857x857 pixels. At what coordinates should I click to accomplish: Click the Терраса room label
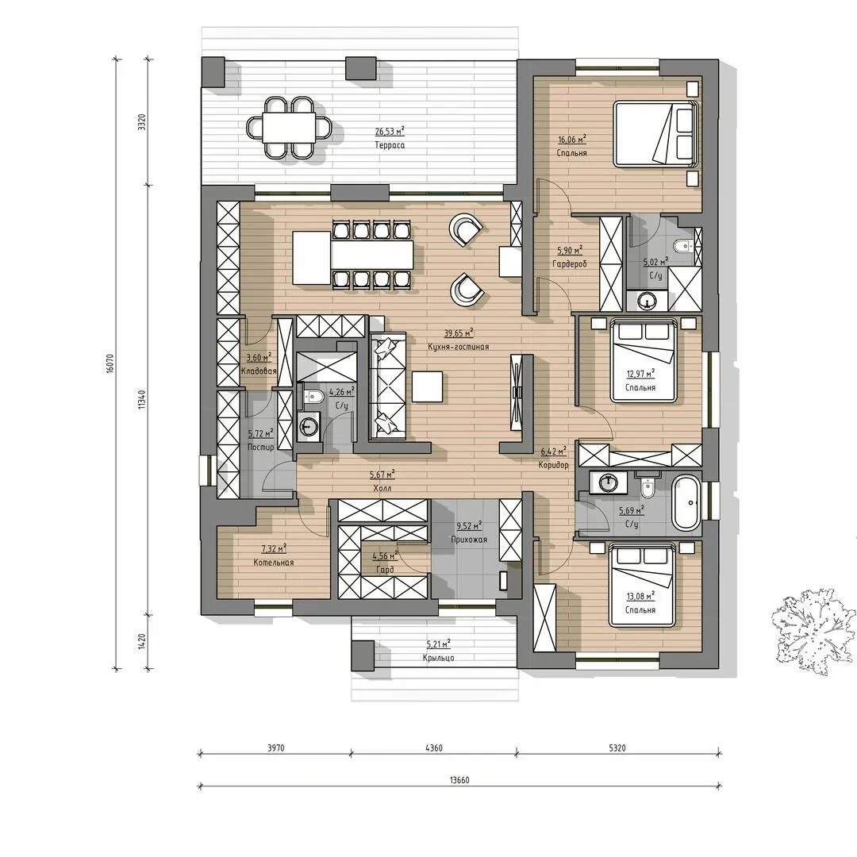click(x=390, y=145)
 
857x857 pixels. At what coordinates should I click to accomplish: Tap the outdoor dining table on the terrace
click(x=289, y=127)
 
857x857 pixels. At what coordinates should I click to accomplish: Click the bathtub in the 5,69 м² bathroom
click(x=686, y=502)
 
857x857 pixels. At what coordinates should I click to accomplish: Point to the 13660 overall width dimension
click(x=459, y=780)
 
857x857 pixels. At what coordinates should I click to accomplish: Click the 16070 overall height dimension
click(x=110, y=363)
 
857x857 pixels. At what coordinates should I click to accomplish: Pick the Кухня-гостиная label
click(x=458, y=347)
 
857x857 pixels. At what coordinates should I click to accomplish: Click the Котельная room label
click(x=273, y=563)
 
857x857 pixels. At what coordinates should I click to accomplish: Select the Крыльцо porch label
click(x=438, y=658)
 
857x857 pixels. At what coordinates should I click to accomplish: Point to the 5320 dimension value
click(x=617, y=748)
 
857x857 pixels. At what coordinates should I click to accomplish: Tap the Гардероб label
click(x=570, y=264)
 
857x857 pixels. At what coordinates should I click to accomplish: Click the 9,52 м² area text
click(x=469, y=526)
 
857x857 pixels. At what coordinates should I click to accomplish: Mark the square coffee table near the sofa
click(x=428, y=386)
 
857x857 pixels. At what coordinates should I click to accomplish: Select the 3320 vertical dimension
click(x=142, y=122)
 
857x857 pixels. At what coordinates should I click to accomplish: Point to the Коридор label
click(x=554, y=465)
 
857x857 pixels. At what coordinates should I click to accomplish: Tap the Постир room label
click(x=261, y=447)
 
